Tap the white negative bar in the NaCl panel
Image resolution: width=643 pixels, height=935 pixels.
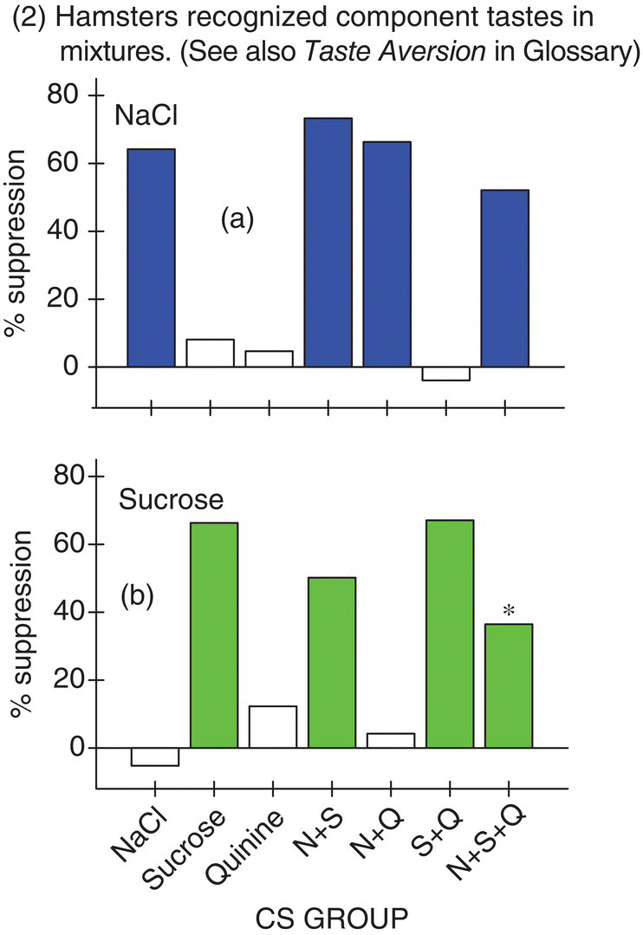[445, 373]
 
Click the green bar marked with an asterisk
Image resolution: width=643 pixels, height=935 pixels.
[508, 685]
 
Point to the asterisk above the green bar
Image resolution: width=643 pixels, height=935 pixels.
[509, 612]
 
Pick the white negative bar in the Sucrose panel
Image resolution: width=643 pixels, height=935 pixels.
[154, 756]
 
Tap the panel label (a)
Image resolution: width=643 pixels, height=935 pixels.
[235, 220]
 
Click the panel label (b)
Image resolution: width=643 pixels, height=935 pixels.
[135, 599]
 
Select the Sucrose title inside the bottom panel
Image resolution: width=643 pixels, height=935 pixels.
[172, 500]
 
